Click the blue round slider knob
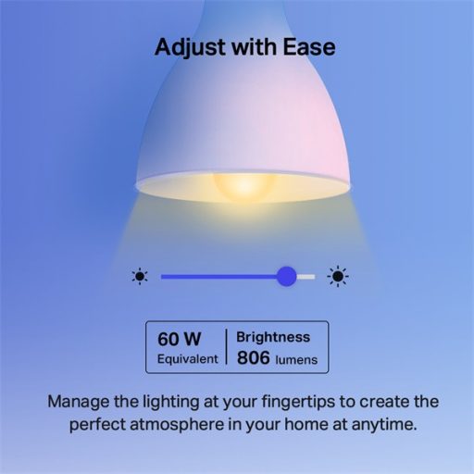click(x=287, y=276)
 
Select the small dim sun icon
click(x=140, y=276)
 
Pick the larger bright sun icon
click(x=340, y=276)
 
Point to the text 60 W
click(x=178, y=338)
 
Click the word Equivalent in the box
click(x=186, y=357)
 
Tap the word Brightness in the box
click(x=273, y=337)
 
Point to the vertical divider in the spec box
click(x=227, y=347)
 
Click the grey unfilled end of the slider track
click(x=306, y=276)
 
